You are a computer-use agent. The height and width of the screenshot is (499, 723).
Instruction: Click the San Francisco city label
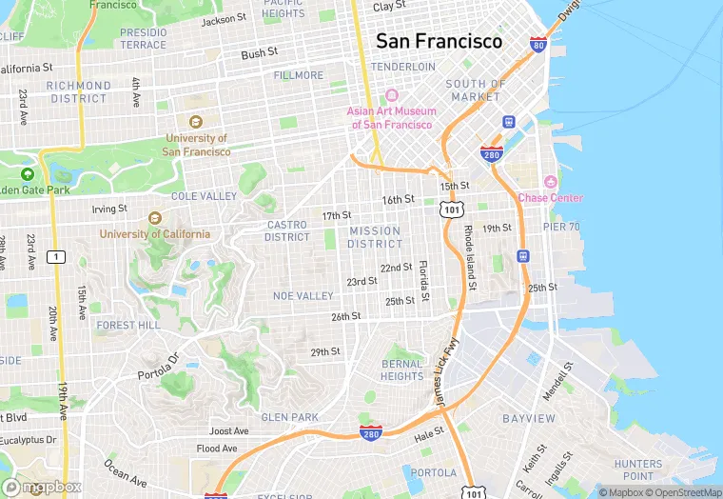(439, 41)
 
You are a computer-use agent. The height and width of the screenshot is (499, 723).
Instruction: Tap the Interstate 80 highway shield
(537, 44)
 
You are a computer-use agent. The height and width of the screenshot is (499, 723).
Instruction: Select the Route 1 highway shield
(57, 257)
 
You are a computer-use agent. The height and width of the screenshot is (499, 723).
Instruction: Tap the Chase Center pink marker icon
(549, 182)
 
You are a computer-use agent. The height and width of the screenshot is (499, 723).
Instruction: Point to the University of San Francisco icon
(196, 121)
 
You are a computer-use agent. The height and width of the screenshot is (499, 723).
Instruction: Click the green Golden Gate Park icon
(27, 174)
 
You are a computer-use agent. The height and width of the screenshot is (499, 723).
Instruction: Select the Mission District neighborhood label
(375, 237)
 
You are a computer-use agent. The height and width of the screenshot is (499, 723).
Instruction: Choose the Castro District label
(287, 230)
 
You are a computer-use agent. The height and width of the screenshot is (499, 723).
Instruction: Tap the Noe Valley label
(303, 296)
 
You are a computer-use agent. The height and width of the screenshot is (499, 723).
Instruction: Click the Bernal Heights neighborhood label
(402, 369)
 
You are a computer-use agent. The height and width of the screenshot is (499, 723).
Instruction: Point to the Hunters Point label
(638, 469)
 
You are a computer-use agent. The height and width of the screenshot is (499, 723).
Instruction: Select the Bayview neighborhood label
(529, 418)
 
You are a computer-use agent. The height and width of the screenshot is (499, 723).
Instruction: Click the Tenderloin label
(403, 67)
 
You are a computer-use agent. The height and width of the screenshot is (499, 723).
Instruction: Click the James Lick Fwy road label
(447, 374)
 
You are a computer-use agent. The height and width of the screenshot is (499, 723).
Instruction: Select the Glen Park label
(290, 417)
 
